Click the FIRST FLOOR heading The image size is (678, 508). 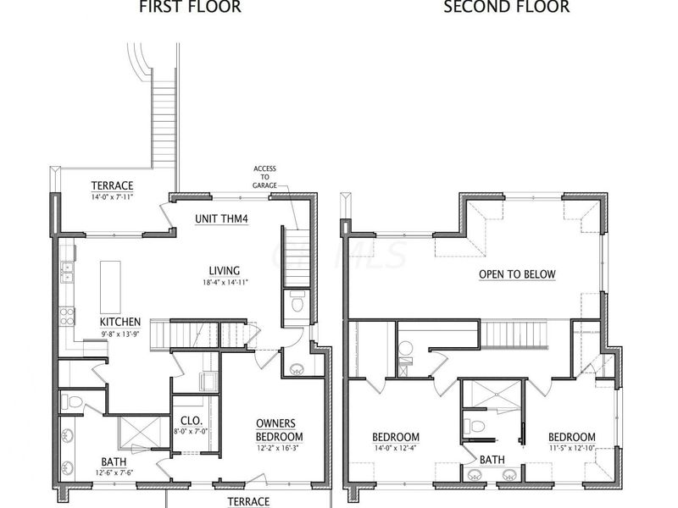click(190, 8)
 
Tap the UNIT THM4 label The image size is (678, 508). click(222, 218)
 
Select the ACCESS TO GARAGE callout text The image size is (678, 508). click(264, 177)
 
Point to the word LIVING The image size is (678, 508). click(225, 270)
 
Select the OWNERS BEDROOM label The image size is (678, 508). click(280, 430)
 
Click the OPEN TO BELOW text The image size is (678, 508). click(517, 274)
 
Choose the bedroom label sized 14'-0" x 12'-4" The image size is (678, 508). click(396, 438)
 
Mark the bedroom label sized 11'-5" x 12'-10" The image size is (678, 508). click(571, 438)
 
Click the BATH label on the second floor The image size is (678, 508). click(492, 460)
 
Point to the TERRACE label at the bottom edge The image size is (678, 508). click(248, 501)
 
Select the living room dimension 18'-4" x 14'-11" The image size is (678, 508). click(225, 282)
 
